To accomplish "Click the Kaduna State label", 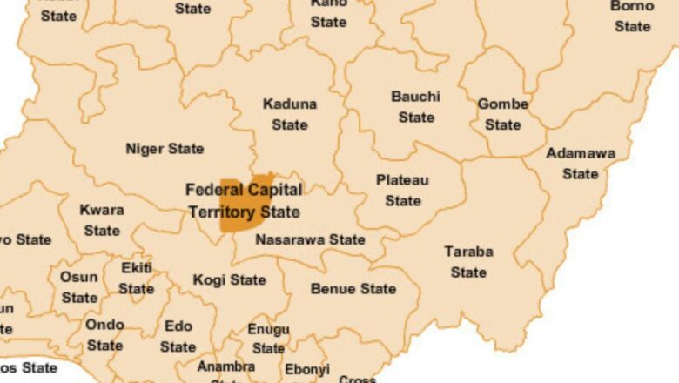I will (290, 114).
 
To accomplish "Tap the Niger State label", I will (165, 149).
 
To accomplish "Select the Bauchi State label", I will (415, 106).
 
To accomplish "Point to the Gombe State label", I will (502, 114).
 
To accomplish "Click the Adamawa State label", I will (581, 164).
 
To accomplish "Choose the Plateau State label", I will (402, 190).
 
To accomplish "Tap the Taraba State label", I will (468, 261).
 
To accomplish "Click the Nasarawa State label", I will (310, 239).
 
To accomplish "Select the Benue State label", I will (353, 288).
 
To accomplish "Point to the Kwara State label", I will (102, 220).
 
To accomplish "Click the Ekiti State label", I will (137, 278).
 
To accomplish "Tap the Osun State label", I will (79, 287).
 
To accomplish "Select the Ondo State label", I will (104, 335).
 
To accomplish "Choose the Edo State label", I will (178, 337).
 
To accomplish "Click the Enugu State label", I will (268, 339).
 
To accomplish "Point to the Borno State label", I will (632, 16).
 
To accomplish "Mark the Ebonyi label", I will (307, 370).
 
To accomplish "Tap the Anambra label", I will (226, 367).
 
